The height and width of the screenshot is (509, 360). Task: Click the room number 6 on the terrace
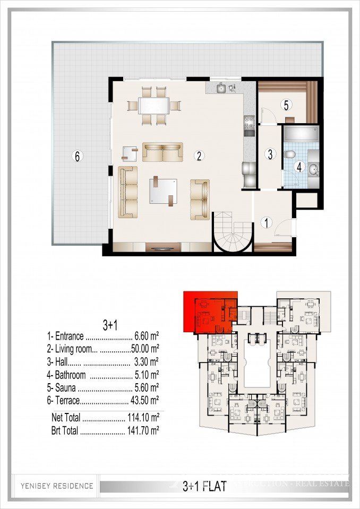point(78,156)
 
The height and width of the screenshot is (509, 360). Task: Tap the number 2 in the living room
point(199,156)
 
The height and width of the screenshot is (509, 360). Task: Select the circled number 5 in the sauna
point(286,105)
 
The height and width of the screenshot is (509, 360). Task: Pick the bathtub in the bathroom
point(300,134)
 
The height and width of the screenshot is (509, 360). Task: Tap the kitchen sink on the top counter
point(224,88)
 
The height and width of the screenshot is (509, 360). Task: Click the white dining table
point(154,105)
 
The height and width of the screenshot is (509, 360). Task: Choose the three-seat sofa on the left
point(127,191)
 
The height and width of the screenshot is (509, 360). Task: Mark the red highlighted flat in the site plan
point(210,313)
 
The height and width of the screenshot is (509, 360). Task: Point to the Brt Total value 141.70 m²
point(143,430)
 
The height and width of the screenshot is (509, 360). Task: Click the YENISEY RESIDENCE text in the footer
point(57,485)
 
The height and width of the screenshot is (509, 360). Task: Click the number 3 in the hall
point(270,155)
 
